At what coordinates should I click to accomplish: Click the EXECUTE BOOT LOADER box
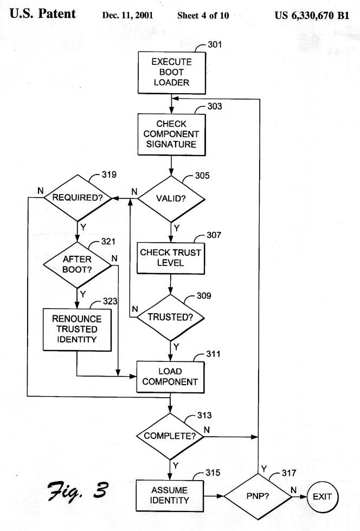pos(171,72)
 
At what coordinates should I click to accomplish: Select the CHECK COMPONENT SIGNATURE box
pos(171,134)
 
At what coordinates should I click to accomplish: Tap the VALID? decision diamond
pos(171,198)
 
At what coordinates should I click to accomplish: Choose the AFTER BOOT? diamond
pos(78,263)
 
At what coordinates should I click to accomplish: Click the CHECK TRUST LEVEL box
pos(171,257)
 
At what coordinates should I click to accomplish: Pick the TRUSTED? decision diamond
pos(171,317)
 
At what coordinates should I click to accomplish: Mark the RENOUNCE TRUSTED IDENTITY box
pos(76,329)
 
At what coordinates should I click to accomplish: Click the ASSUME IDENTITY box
pos(171,495)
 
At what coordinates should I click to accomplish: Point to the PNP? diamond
pos(258,495)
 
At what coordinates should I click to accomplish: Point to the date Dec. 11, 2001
pos(127,15)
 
